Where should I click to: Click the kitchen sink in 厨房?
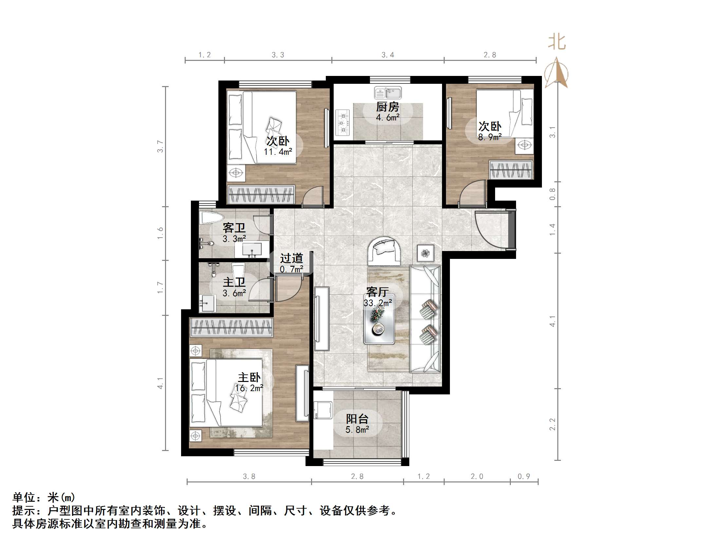[388, 93]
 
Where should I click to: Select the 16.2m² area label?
[249, 388]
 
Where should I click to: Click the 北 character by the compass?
[557, 43]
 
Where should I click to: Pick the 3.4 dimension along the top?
[388, 55]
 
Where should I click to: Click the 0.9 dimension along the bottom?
[524, 477]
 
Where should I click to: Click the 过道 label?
[291, 259]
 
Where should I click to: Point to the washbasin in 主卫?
[207, 303]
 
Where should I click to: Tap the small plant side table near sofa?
[425, 253]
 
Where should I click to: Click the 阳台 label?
[357, 419]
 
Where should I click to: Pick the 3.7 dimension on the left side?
[160, 146]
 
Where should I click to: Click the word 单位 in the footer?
[24, 498]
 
